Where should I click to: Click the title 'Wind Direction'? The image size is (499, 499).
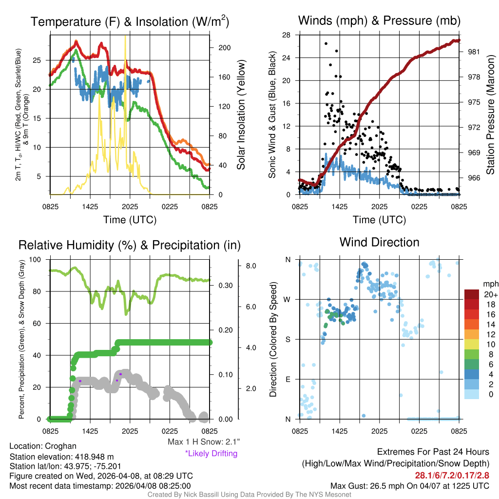coord(379,242)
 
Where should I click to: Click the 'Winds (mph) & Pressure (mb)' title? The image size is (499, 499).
coord(379,20)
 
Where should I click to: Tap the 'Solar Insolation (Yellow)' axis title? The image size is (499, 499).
coord(241,115)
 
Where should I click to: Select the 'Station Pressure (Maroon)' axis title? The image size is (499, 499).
coord(490,115)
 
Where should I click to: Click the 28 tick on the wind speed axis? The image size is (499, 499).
coord(287,35)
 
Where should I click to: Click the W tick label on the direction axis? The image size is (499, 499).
coord(288,299)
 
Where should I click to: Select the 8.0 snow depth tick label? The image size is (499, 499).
coord(251,266)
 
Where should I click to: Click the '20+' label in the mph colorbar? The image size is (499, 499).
coord(489,295)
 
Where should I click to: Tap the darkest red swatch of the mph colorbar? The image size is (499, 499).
coord(472,294)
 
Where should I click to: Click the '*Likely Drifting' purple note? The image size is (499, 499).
coord(211,453)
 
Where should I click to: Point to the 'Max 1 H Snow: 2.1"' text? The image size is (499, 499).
coord(203,442)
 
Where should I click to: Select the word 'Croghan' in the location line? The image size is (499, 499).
coord(61,446)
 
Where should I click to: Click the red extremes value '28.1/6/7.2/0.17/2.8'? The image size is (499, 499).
coord(452,475)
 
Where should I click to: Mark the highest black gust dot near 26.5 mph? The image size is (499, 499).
coord(326,43)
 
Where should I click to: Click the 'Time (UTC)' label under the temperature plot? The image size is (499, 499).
coord(130,220)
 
